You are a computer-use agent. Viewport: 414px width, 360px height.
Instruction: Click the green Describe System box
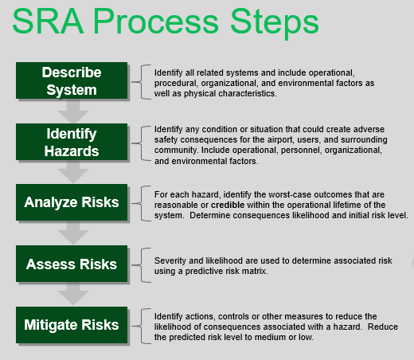click(x=72, y=80)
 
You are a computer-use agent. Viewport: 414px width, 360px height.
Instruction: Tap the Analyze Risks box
click(x=72, y=202)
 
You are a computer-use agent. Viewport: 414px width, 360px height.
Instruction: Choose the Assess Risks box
click(x=72, y=264)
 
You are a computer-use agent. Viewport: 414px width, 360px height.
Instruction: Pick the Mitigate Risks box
click(x=72, y=324)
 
